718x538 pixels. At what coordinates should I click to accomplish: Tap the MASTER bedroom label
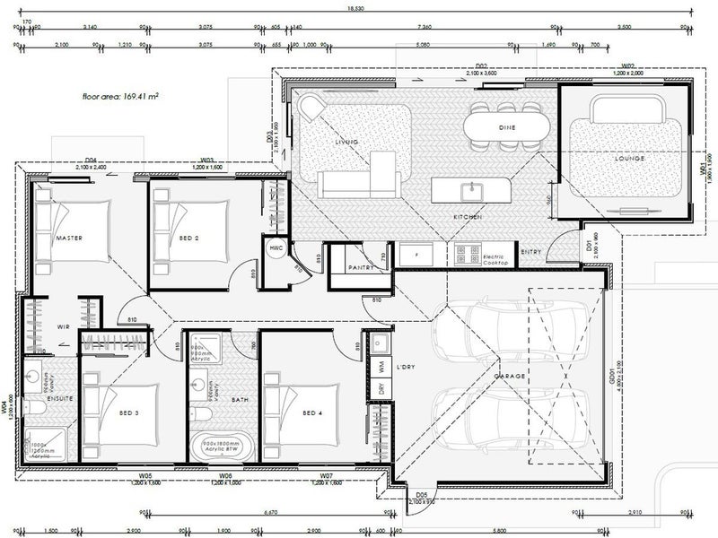tap(69, 239)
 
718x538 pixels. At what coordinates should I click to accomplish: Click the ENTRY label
tap(531, 252)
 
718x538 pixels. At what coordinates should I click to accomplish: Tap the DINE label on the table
tap(506, 129)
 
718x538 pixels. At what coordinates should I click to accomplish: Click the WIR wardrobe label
tap(63, 327)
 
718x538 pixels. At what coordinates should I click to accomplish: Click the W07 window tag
tap(327, 476)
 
